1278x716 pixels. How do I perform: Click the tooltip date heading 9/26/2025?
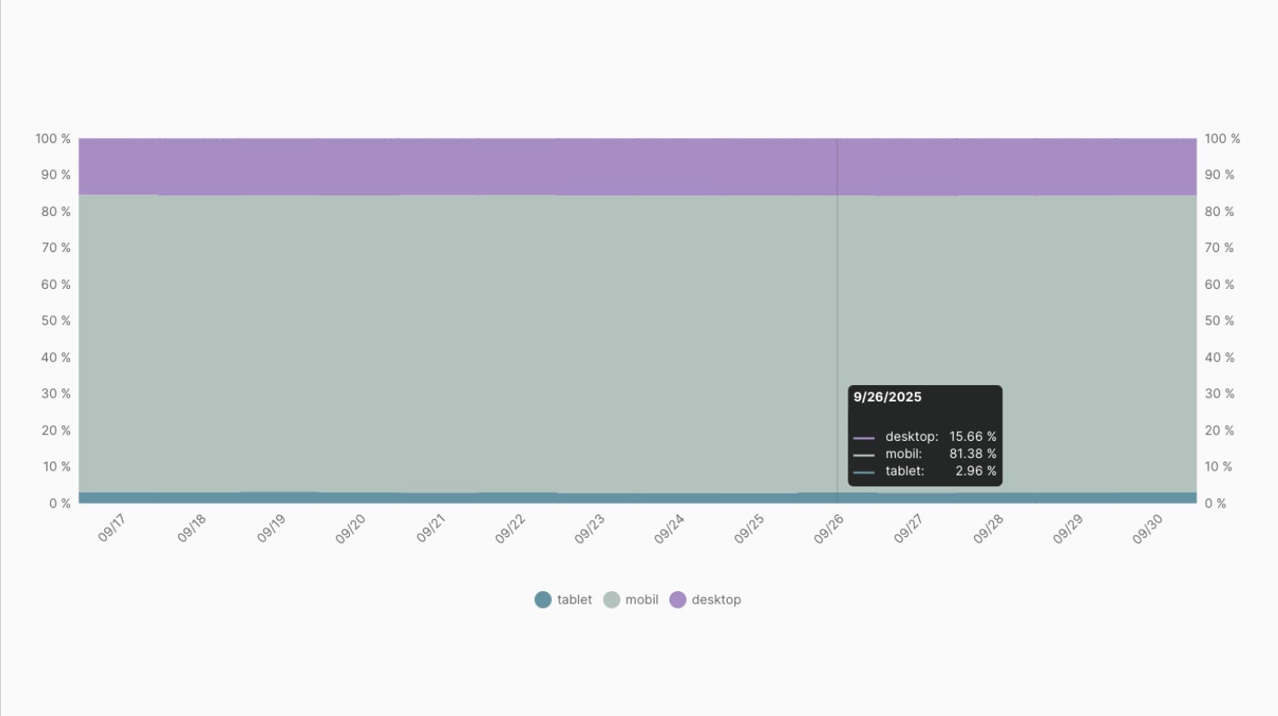887,397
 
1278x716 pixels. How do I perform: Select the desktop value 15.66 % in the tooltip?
972,436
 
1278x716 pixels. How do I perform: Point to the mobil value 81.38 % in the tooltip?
972,453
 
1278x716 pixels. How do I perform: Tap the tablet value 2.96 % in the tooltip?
976,470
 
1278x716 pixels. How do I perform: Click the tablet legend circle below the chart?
543,599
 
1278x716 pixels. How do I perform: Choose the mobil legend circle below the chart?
611,599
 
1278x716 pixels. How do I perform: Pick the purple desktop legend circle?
678,599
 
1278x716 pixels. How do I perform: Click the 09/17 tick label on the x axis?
112,528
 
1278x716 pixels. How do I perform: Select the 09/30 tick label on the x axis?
1147,529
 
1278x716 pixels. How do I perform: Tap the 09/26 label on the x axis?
828,529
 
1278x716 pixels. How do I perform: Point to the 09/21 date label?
430,528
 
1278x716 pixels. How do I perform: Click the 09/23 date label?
589,529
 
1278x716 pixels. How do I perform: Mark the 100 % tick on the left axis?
53,139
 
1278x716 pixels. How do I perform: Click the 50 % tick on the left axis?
56,320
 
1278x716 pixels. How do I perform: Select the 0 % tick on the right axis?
1216,503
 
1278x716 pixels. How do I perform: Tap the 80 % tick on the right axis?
1219,211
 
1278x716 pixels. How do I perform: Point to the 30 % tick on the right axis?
1219,393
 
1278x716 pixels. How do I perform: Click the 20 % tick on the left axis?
56,430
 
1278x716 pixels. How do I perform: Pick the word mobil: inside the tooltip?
903,453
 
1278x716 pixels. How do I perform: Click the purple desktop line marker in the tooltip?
863,438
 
